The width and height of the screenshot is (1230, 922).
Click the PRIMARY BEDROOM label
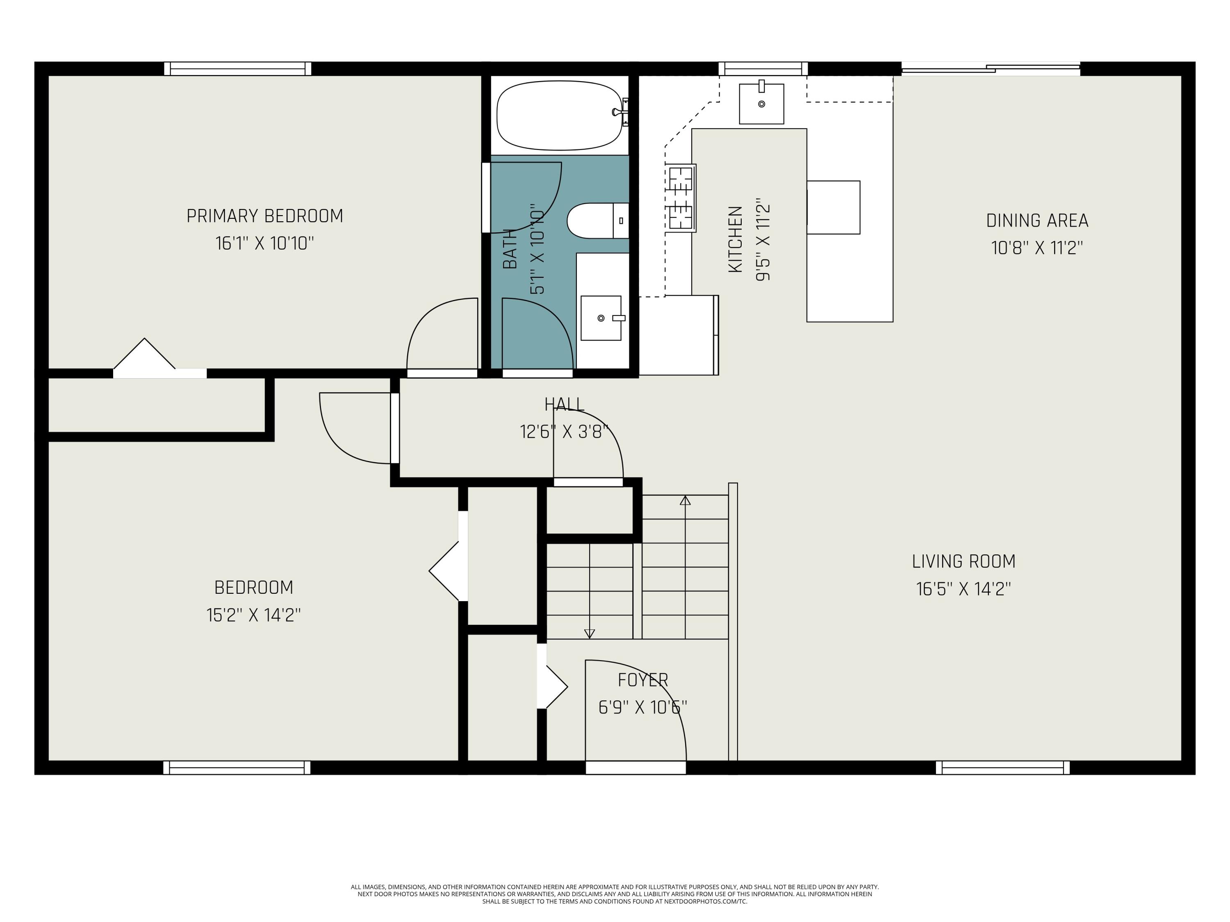265,216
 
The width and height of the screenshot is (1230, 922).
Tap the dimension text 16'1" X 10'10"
265,243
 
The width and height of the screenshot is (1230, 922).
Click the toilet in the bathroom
598,220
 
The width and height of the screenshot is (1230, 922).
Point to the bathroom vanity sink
601,318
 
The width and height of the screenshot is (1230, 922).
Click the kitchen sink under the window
761,103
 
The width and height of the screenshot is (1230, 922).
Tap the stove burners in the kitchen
681,197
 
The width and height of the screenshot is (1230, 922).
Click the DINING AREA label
1037,220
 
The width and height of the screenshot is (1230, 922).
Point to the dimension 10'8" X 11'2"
1037,248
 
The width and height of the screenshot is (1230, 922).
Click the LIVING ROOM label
963,561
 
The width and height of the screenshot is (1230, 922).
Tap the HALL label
564,404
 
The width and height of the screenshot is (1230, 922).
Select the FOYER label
643,680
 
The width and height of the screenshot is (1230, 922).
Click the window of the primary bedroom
237,68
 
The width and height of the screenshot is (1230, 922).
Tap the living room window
1002,768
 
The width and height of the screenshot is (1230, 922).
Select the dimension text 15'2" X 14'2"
253,615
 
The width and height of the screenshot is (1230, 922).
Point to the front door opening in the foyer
635,768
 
